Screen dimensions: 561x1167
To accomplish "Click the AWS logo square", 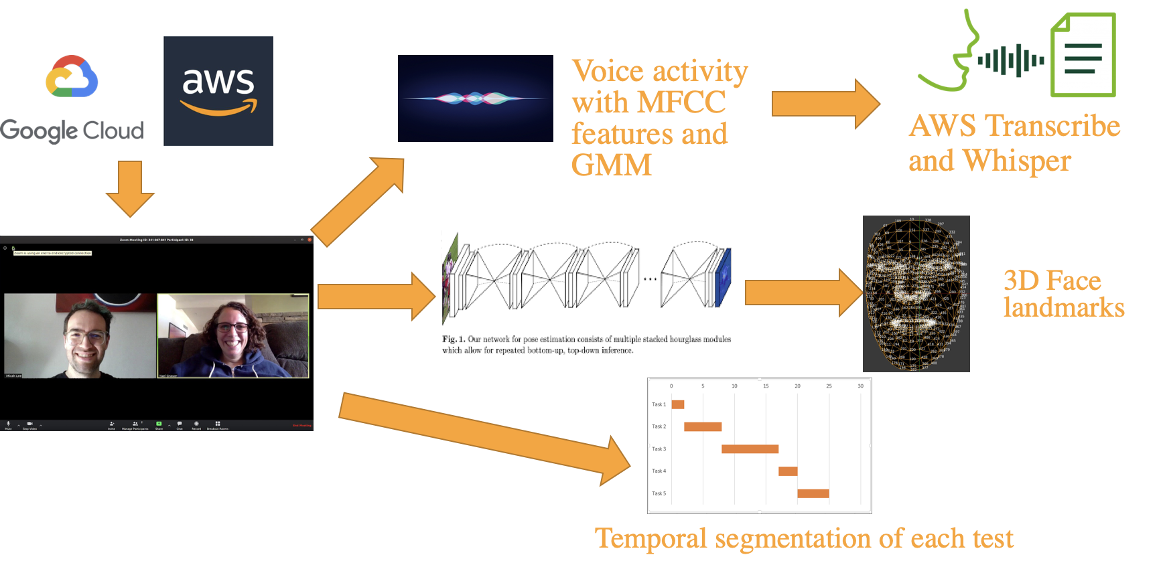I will coord(218,91).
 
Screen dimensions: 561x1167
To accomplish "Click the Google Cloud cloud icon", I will coord(72,77).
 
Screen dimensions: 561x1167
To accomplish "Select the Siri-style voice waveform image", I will coord(475,98).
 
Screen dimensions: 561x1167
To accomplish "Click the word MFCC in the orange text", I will coord(681,102).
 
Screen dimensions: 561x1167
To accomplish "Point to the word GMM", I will coord(611,165).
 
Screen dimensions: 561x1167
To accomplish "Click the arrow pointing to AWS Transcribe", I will coord(825,104).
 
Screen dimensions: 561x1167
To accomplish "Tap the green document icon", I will coord(1083,56).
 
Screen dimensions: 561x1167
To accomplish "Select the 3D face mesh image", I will coord(916,293).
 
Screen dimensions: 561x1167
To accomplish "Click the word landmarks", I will coord(1063,307).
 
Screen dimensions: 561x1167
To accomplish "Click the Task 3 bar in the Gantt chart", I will coord(750,449).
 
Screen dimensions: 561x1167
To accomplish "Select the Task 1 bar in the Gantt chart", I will coord(678,404).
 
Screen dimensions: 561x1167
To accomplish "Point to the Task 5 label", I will coord(659,493).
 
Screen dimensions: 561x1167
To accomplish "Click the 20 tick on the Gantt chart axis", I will coord(797,386).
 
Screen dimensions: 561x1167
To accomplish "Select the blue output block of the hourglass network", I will coord(724,277).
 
